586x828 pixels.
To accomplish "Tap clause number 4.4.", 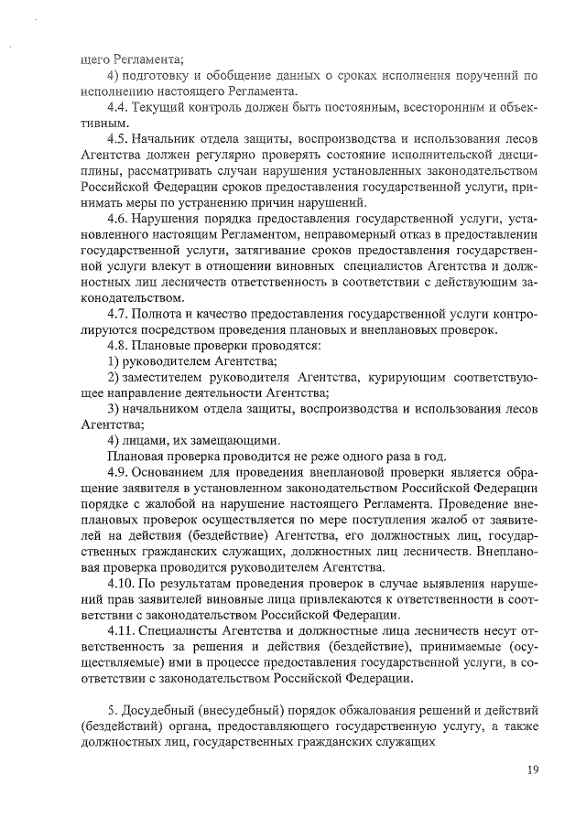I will coord(118,107).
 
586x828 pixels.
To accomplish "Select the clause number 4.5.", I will coord(118,138).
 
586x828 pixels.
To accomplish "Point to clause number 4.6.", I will coord(118,217).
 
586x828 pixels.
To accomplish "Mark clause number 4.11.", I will coord(122,631).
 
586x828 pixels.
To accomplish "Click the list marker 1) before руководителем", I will coord(114,361).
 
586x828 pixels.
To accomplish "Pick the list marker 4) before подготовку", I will coord(114,75).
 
